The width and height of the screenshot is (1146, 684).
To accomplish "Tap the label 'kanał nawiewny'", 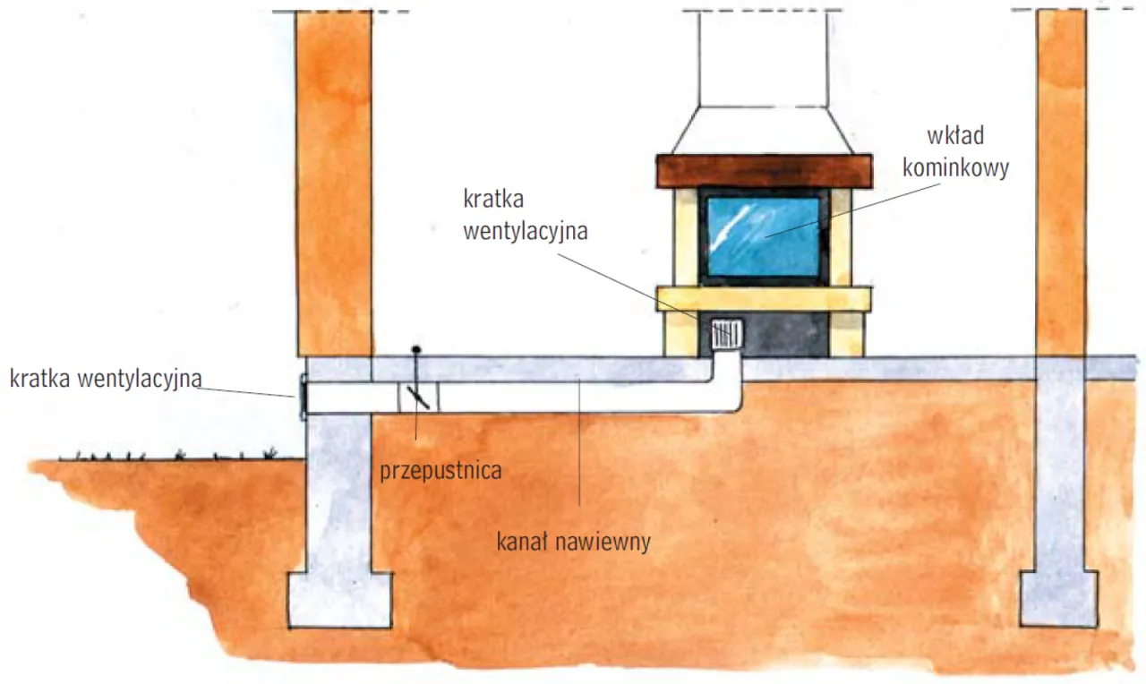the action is click(574, 542).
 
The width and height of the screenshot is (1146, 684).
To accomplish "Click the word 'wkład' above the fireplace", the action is click(955, 135).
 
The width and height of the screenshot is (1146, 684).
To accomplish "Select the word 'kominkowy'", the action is click(955, 167).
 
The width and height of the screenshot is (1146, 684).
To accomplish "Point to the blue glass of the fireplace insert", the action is click(764, 237).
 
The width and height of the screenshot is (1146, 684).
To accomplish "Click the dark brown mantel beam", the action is click(765, 170).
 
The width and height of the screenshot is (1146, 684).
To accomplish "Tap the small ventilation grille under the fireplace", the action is click(726, 333).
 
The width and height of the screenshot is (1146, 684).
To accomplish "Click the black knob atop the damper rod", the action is click(416, 350).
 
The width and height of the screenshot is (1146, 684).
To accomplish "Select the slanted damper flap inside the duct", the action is click(418, 398).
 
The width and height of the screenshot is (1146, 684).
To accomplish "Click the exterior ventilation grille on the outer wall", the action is click(303, 397).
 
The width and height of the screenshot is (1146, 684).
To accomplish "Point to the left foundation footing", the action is click(340, 600).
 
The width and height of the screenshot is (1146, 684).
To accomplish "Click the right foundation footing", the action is click(1058, 599).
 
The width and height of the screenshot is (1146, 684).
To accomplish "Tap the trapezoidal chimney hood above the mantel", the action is click(763, 130).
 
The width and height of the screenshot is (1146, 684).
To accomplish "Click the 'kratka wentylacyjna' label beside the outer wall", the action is click(106, 379).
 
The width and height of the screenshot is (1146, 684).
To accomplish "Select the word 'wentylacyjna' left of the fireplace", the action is click(526, 231).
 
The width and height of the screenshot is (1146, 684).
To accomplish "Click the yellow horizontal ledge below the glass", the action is click(765, 299).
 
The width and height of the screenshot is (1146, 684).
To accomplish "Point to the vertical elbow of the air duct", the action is click(726, 381).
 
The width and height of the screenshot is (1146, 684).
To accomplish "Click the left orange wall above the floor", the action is click(335, 184).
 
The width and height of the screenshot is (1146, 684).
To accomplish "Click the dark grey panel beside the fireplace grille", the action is click(786, 334).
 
